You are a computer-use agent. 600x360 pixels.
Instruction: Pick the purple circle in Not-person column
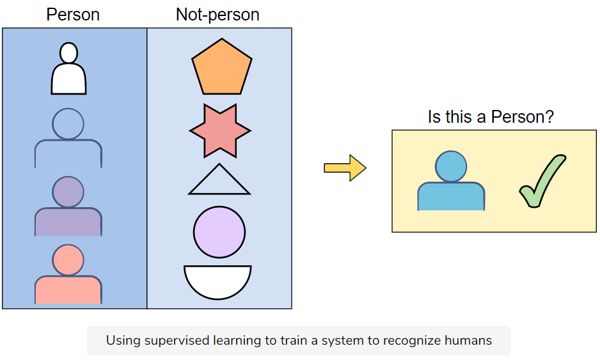point(219,232)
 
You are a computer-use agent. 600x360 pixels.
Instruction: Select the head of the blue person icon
point(452,166)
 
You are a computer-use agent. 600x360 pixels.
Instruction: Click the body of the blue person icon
point(451,197)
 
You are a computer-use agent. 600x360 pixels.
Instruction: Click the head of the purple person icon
point(68,191)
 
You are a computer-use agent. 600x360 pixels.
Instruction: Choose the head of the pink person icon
point(68,260)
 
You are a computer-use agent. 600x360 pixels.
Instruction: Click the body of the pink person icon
point(68,290)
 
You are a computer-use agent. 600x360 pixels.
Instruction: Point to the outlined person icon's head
point(68,124)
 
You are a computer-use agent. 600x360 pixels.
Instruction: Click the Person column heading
point(73,15)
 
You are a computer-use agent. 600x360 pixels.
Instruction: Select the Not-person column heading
point(217,15)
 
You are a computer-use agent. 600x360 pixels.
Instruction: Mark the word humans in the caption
point(470,340)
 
